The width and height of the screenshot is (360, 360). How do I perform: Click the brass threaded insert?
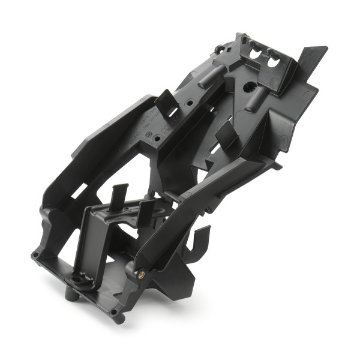point(142,275)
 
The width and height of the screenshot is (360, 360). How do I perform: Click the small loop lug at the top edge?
point(220,48)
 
